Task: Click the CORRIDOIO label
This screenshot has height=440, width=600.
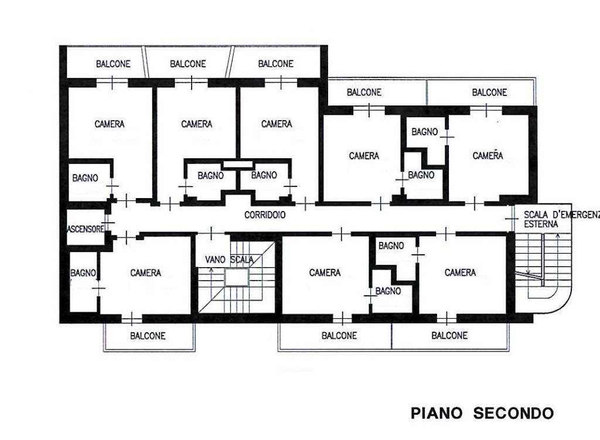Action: point(265,215)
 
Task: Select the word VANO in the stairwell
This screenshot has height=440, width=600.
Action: point(216,259)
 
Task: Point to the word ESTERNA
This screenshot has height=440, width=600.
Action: point(541,224)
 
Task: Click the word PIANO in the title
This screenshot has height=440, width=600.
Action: point(438,413)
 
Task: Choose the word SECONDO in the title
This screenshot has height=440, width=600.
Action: point(513,413)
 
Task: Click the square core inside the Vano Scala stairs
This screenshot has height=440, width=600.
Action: point(237,278)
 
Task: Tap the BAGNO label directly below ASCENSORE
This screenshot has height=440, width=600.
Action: point(83,272)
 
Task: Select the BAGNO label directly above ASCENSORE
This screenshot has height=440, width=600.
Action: point(85,178)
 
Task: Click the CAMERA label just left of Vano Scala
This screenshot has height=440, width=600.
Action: point(145,272)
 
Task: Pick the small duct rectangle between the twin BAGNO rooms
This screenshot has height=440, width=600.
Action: point(237,165)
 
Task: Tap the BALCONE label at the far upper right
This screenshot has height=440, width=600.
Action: point(489,92)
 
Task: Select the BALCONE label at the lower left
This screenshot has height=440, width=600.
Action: point(147,336)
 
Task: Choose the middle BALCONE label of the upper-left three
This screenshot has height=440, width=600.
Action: point(187,63)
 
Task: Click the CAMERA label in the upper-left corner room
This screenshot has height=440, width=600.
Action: point(109,124)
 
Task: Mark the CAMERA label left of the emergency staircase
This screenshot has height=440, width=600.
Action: point(460,272)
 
